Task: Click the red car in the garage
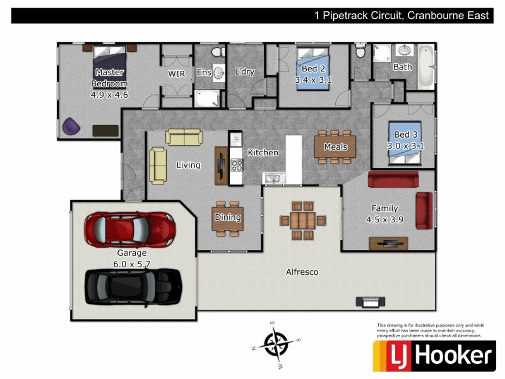point(130,229)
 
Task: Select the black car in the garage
point(133,285)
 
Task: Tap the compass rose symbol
point(276,344)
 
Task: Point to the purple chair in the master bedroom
point(71,127)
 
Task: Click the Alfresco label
point(302,272)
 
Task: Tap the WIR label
point(176,73)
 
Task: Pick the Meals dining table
point(335,147)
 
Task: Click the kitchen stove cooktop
point(237,165)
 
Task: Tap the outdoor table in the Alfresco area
point(303,220)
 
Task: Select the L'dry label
point(244,71)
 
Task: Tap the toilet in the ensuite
point(215,52)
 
